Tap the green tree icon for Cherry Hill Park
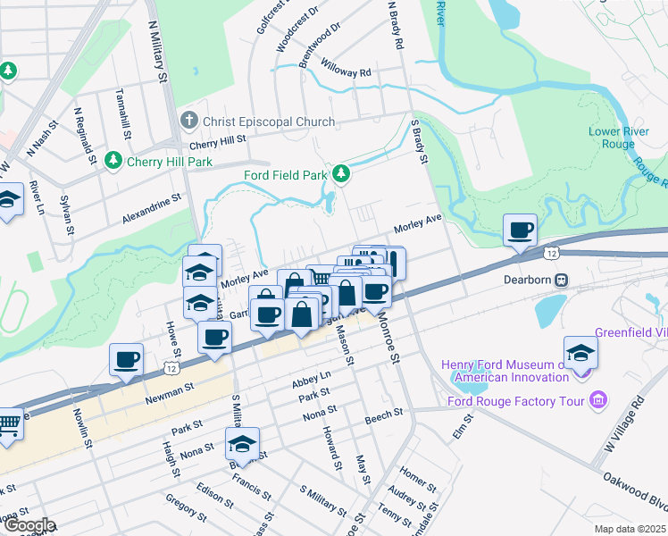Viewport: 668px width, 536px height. (x=113, y=161)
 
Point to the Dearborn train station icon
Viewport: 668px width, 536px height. (x=562, y=279)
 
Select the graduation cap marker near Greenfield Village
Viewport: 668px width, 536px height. (x=580, y=353)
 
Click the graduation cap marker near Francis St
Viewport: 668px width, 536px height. (x=242, y=443)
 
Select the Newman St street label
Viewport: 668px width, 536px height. (x=171, y=391)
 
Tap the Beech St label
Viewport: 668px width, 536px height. (x=384, y=415)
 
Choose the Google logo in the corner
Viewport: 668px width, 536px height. (x=28, y=525)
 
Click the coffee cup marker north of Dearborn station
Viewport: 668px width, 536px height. (x=520, y=230)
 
